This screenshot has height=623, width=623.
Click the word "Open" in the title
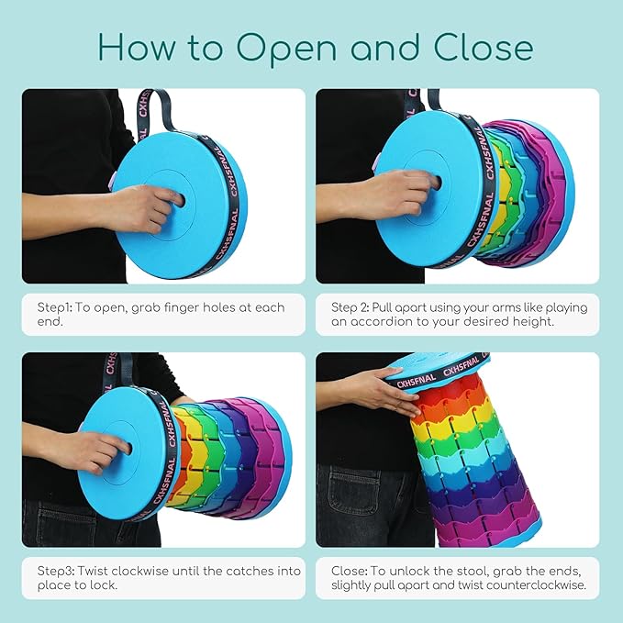click(286, 49)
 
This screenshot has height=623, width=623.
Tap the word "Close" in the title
click(484, 48)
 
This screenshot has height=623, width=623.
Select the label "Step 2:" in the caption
click(350, 307)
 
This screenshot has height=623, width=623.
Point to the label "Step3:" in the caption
click(56, 572)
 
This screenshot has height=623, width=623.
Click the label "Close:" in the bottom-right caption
click(350, 572)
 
